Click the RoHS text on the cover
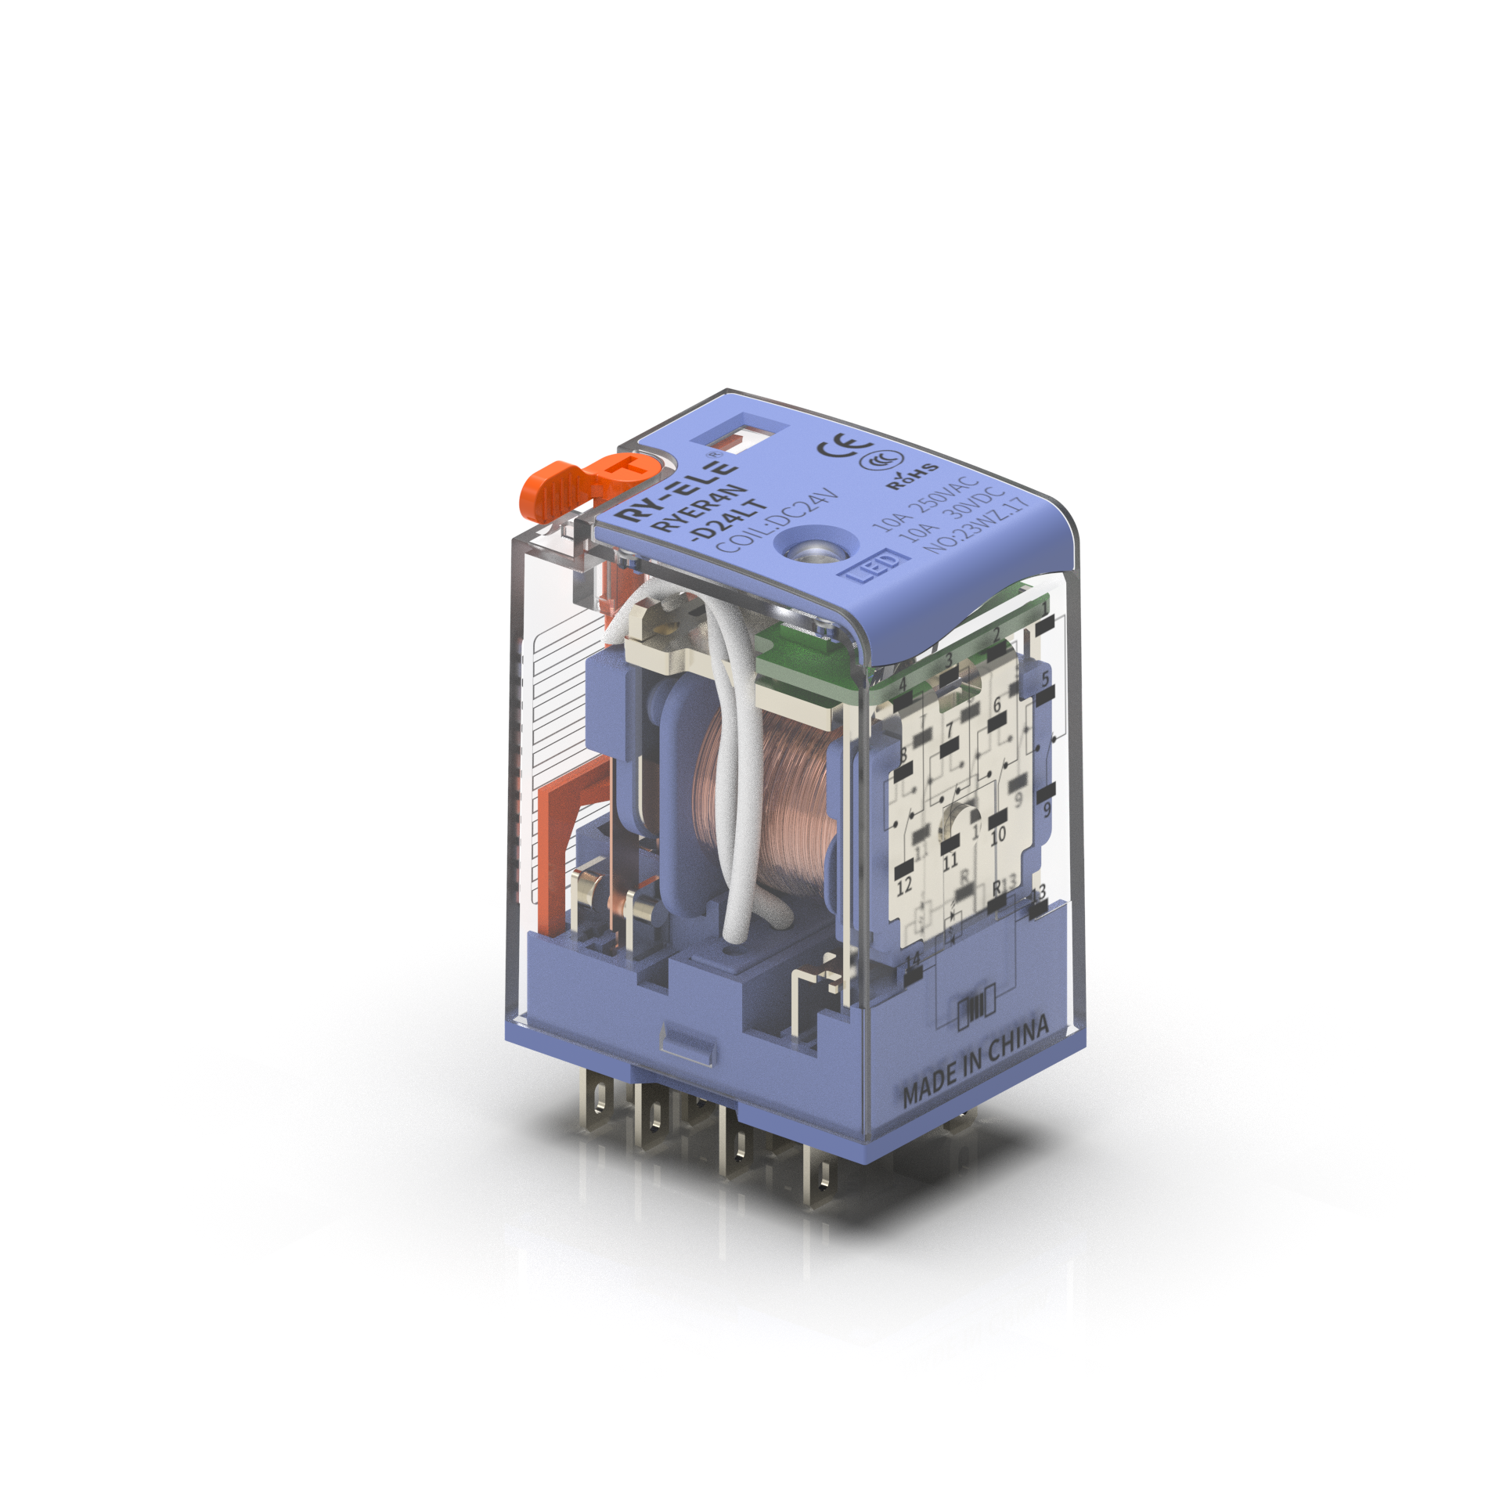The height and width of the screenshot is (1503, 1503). tap(913, 475)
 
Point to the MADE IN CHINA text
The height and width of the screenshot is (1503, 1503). tap(975, 1062)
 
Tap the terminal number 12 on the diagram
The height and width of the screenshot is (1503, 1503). tap(904, 886)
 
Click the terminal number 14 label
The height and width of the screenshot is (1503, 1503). tap(913, 961)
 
